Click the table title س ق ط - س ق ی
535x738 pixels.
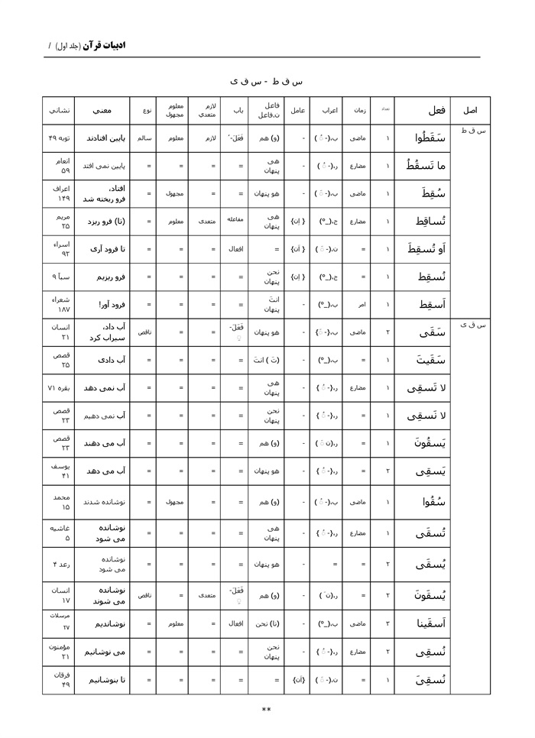(266, 80)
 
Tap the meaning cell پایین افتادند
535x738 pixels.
(102, 139)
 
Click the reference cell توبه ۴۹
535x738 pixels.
(60, 139)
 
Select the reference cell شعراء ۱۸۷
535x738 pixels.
(60, 305)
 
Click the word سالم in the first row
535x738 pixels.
(144, 139)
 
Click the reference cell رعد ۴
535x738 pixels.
(60, 565)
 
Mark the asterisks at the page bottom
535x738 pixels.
(266, 710)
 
